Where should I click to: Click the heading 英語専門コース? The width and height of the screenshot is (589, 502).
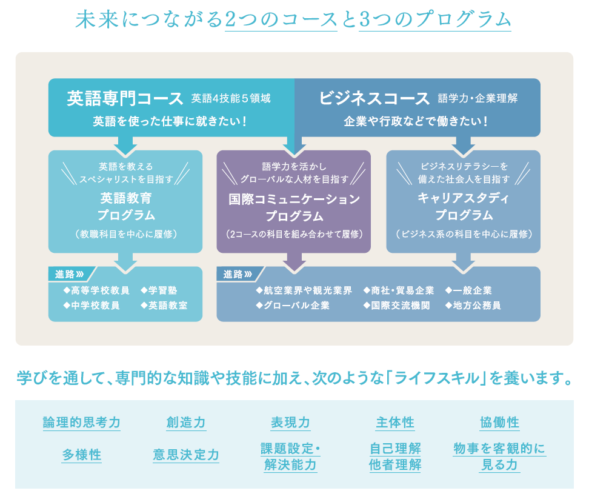[x=125, y=98]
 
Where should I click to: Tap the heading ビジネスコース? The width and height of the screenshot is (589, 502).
[x=374, y=98]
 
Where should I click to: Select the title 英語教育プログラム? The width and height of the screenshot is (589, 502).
[x=126, y=206]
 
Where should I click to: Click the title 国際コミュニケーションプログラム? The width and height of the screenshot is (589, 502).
[x=294, y=207]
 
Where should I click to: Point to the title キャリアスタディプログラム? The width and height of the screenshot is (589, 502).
[x=464, y=206]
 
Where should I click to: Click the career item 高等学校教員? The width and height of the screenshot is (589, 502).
[x=96, y=290]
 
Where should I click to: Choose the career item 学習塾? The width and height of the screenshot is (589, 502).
[x=159, y=290]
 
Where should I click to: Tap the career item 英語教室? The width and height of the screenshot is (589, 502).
[x=164, y=305]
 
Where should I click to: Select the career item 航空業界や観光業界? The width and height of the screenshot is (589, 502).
[x=304, y=290]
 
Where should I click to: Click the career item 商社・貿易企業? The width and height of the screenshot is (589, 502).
[x=399, y=290]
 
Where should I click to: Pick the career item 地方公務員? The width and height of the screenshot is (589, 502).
[x=473, y=305]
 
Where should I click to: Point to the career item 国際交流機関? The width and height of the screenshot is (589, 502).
[x=397, y=305]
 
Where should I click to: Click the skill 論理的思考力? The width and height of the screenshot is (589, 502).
[x=82, y=423]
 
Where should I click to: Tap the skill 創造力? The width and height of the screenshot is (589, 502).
[x=186, y=423]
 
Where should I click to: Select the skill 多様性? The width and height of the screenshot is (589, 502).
[x=82, y=455]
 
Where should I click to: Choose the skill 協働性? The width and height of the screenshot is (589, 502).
[x=499, y=423]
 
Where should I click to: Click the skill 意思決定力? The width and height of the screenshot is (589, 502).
[x=186, y=455]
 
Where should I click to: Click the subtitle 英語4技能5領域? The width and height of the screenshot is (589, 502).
[x=231, y=98]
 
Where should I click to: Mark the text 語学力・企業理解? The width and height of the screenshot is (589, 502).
[x=478, y=98]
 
